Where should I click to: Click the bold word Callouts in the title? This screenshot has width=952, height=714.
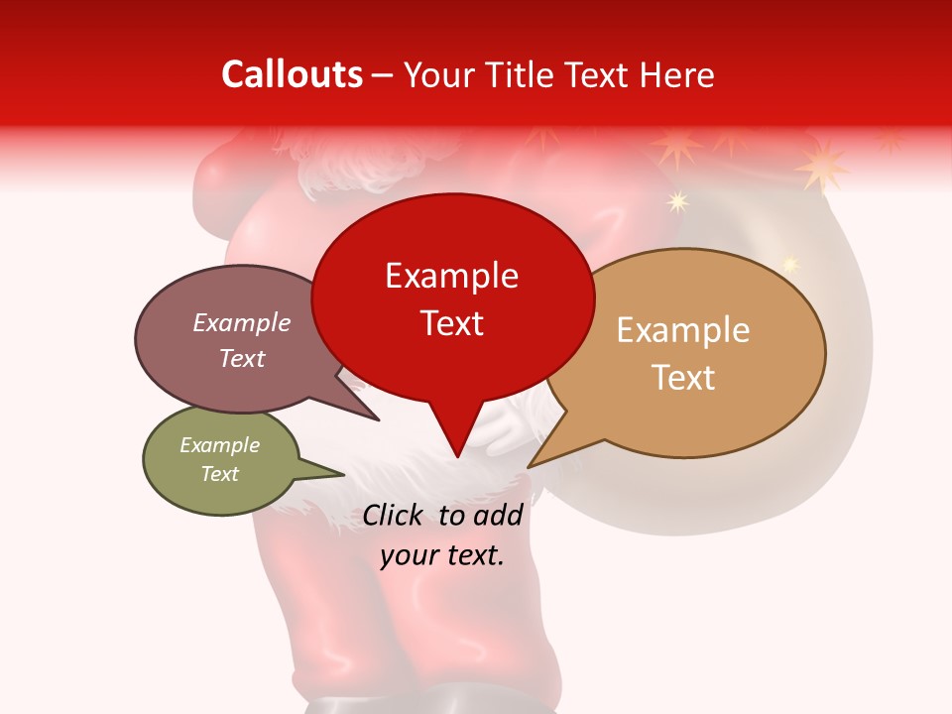tap(292, 74)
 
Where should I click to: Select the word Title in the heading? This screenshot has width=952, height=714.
tap(520, 74)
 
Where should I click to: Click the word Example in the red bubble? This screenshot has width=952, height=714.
tap(451, 276)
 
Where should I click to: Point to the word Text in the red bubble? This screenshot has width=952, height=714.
tap(451, 323)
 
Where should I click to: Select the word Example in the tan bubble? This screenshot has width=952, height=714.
tap(683, 330)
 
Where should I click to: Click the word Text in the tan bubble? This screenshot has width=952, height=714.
tap(683, 378)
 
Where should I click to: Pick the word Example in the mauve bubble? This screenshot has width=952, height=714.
tap(241, 322)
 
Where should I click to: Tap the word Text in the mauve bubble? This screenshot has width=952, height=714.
tap(241, 358)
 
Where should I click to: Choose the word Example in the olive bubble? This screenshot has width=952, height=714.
tap(219, 445)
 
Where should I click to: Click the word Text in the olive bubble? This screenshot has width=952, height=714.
tap(219, 474)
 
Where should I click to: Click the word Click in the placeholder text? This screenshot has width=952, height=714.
tap(395, 516)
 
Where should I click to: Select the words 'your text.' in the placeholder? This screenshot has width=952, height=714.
tap(442, 555)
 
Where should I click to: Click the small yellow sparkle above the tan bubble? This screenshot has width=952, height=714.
tap(678, 202)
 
